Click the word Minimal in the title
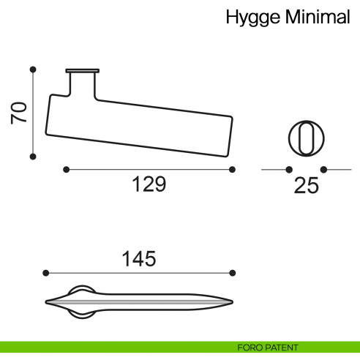click(x=318, y=18)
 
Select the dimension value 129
click(x=149, y=185)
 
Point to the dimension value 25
click(x=306, y=186)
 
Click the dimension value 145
click(x=139, y=258)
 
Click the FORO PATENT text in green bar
click(x=268, y=347)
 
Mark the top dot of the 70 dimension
click(x=33, y=70)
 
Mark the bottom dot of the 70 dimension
click(x=33, y=156)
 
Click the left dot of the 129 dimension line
click(x=66, y=169)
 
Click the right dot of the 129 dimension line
click(x=232, y=169)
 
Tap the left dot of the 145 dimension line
click(x=46, y=273)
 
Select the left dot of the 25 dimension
click(x=286, y=169)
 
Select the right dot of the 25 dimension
click(x=325, y=169)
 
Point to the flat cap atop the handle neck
click(x=82, y=71)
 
